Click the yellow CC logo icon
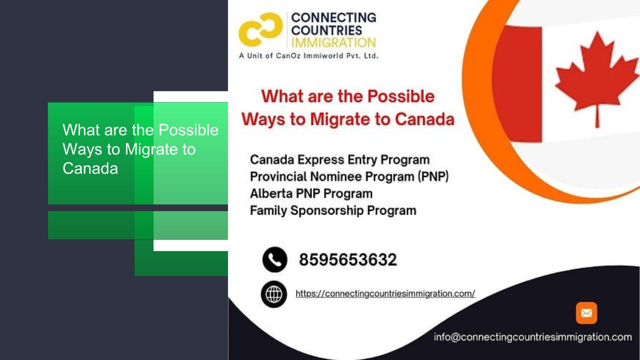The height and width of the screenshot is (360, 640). (x=260, y=29)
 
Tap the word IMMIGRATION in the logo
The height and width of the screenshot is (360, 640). (x=333, y=43)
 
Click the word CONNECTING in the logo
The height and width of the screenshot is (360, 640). (x=333, y=17)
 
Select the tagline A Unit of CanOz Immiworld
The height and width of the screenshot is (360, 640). (x=308, y=55)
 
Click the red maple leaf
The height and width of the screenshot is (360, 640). (x=596, y=78)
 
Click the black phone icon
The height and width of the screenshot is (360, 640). (x=274, y=259)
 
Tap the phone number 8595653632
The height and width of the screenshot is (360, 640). (x=347, y=259)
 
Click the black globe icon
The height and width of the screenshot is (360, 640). (x=273, y=294)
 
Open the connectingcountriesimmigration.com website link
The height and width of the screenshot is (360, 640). (x=385, y=293)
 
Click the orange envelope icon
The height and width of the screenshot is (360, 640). (x=586, y=313)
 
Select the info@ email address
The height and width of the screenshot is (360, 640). (x=532, y=337)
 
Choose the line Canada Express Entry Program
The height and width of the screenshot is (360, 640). (x=339, y=159)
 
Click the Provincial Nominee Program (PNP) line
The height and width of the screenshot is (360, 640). (x=349, y=176)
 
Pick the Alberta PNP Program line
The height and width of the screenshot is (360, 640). (x=311, y=193)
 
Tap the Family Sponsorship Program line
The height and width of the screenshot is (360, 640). (x=333, y=210)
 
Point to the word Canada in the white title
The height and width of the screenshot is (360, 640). (x=90, y=168)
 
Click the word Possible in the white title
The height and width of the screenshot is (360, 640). (x=188, y=130)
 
